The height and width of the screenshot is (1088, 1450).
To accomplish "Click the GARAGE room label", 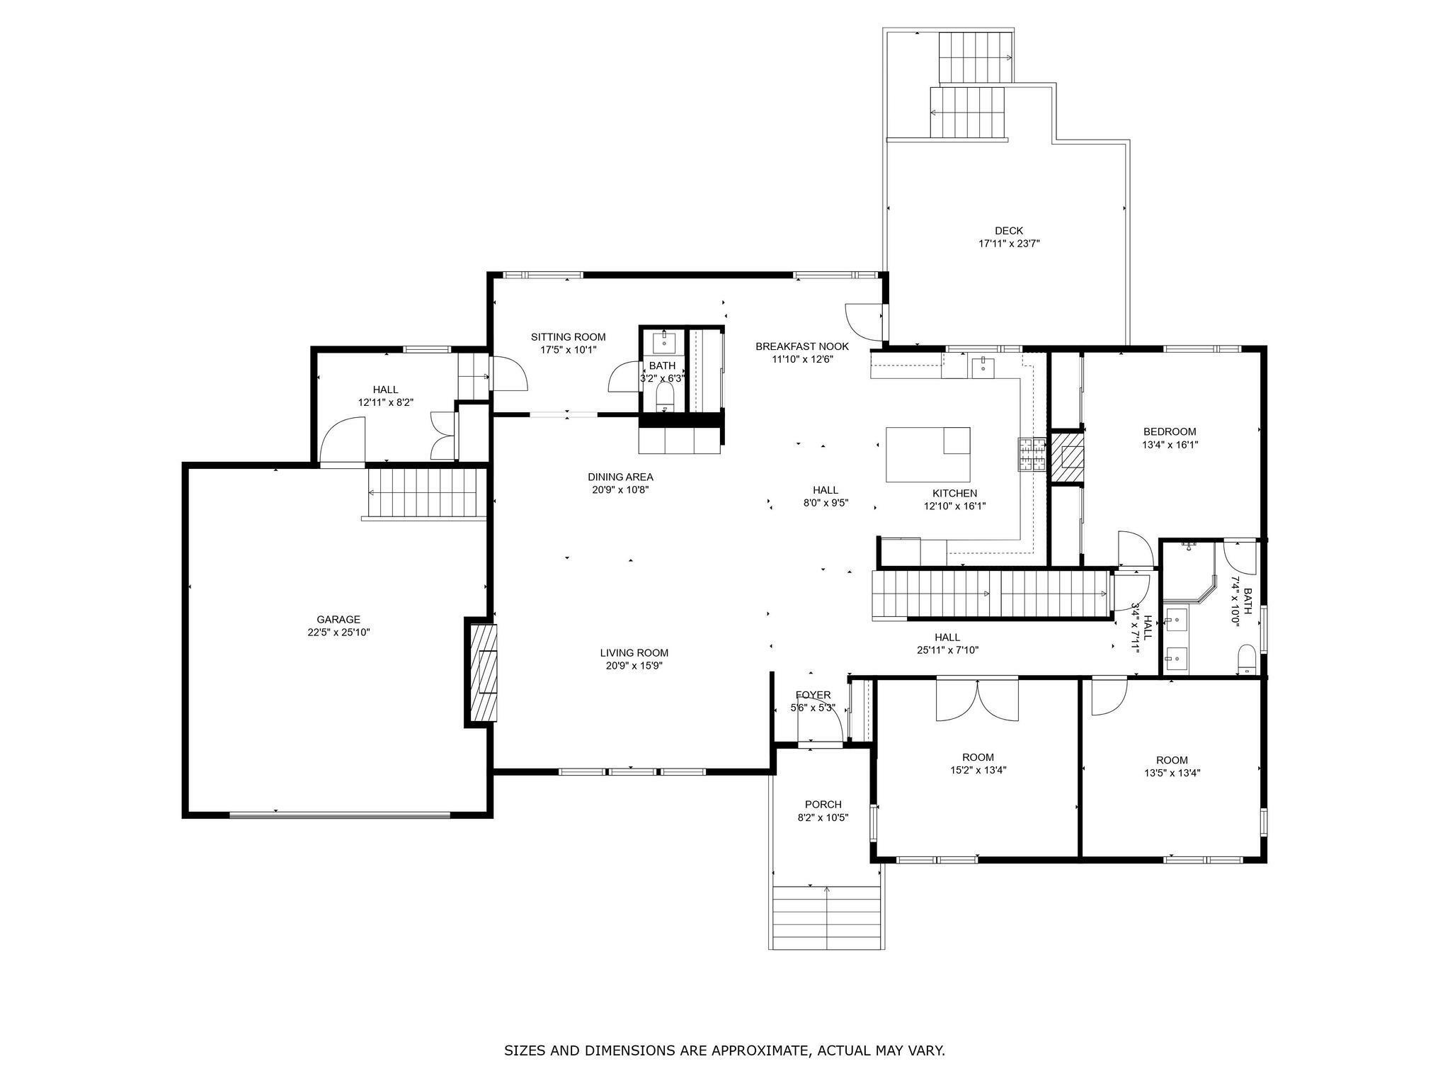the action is click(x=338, y=619).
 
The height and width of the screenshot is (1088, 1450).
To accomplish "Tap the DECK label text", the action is click(x=1009, y=230).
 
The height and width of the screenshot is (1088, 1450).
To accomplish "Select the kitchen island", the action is click(x=928, y=454).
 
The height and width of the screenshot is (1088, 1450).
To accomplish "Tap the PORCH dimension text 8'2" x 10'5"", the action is click(x=823, y=817).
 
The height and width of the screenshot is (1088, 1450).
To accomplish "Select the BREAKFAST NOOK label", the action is click(x=802, y=346).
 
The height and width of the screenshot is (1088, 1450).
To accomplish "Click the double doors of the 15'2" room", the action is click(x=977, y=699).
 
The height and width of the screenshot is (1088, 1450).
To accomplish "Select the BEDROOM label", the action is click(x=1170, y=431).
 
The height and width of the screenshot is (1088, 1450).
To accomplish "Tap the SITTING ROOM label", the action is click(x=569, y=337).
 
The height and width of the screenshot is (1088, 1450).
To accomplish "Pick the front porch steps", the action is click(x=826, y=917).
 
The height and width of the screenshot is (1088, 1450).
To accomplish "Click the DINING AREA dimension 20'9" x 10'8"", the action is click(x=620, y=489).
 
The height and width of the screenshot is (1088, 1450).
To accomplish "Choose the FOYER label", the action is click(x=813, y=695).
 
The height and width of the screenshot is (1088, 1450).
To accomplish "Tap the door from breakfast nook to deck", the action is click(x=864, y=321).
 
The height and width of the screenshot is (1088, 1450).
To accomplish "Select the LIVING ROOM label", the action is click(x=634, y=652).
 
